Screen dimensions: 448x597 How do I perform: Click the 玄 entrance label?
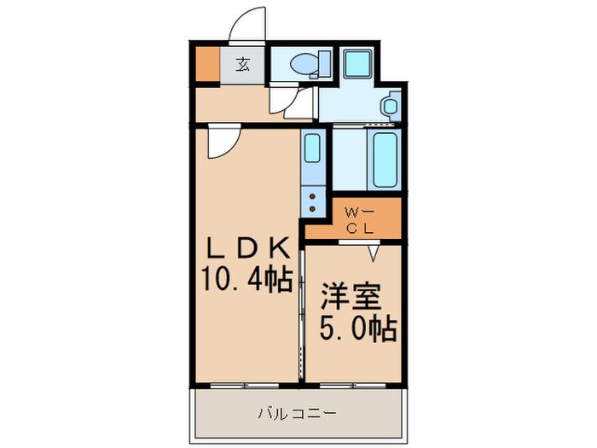click(243, 64)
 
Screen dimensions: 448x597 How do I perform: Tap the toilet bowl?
click(300, 62)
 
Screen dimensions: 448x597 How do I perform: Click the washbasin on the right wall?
click(391, 107)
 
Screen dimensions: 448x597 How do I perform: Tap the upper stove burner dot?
click(312, 195)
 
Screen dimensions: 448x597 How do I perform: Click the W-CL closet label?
click(356, 220)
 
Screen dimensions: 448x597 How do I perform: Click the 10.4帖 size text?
click(247, 277)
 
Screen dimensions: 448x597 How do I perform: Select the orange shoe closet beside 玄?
click(207, 65)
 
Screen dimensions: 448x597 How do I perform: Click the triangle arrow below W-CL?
click(374, 252)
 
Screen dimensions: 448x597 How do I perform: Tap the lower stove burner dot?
click(312, 207)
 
